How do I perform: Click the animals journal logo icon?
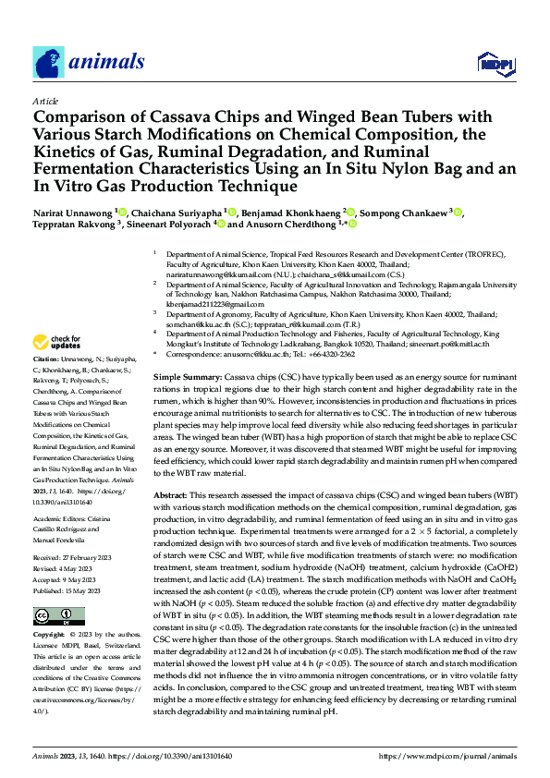(x=49, y=63)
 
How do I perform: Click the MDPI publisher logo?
(x=489, y=63)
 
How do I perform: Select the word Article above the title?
(x=44, y=101)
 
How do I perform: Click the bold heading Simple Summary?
(x=187, y=379)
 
